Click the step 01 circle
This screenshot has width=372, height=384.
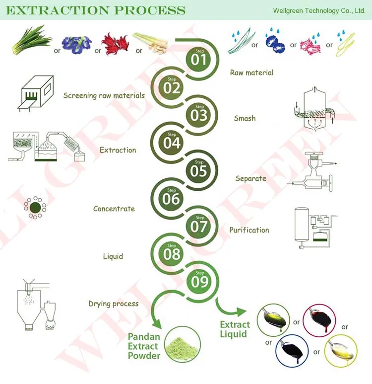[198, 59]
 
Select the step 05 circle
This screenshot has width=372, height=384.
[198, 170]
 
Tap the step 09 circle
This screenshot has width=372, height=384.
[198, 281]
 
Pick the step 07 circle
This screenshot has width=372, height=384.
[198, 226]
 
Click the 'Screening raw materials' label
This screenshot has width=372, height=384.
[104, 95]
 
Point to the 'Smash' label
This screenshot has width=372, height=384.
[245, 118]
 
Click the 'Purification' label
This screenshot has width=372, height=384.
[249, 230]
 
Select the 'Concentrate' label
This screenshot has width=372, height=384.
[114, 209]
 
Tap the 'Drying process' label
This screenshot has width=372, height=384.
[113, 304]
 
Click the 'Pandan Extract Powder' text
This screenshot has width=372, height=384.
[144, 346]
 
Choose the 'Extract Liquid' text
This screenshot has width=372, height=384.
[235, 329]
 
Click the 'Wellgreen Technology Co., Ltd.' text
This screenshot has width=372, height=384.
[319, 10]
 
